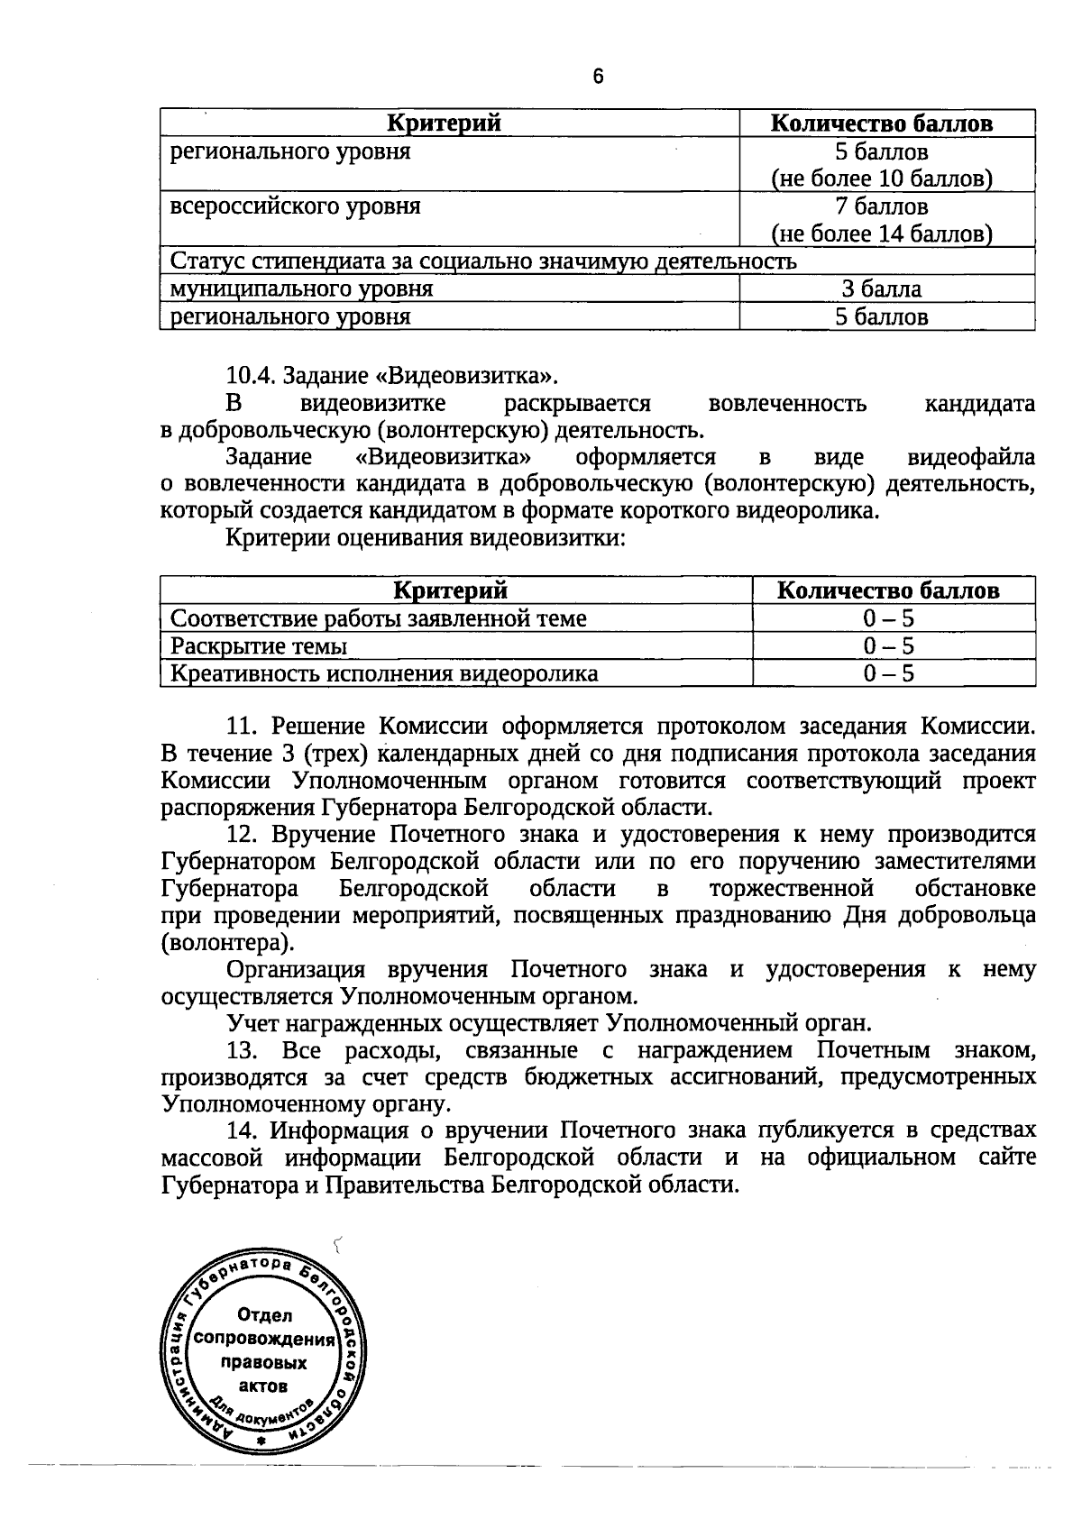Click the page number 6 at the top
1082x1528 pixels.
point(598,77)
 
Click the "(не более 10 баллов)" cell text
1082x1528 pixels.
point(881,178)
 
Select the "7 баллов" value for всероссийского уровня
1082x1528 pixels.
point(881,206)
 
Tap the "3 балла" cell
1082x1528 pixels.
point(881,289)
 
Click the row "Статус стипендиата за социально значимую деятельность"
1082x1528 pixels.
point(483,261)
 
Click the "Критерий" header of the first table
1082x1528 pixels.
point(444,124)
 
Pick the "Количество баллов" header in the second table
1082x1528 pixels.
point(888,590)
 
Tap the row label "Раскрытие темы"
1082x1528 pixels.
point(259,646)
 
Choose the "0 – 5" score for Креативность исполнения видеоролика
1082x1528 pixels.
point(888,674)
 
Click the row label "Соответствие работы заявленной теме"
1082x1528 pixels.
point(378,618)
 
